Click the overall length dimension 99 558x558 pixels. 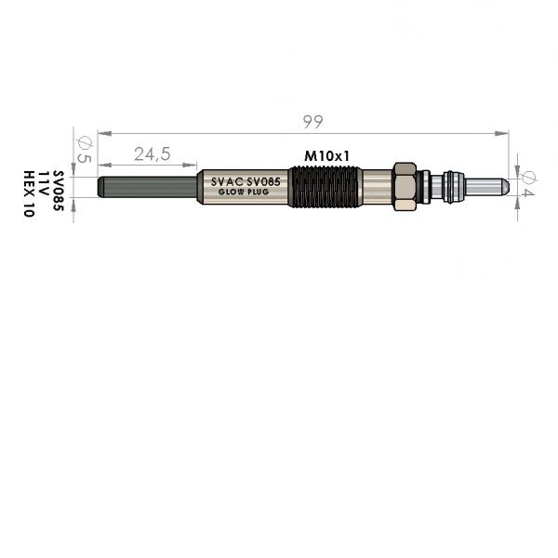pos(313,122)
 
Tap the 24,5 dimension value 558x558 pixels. pos(153,154)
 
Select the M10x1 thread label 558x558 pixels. pos(327,156)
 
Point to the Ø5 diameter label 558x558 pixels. pos(85,150)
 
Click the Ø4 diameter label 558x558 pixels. pos(527,184)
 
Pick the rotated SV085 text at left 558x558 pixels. pos(59,191)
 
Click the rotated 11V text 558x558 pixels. pos(43,183)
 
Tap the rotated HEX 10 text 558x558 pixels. pos(29,194)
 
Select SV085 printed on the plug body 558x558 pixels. pos(264,182)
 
